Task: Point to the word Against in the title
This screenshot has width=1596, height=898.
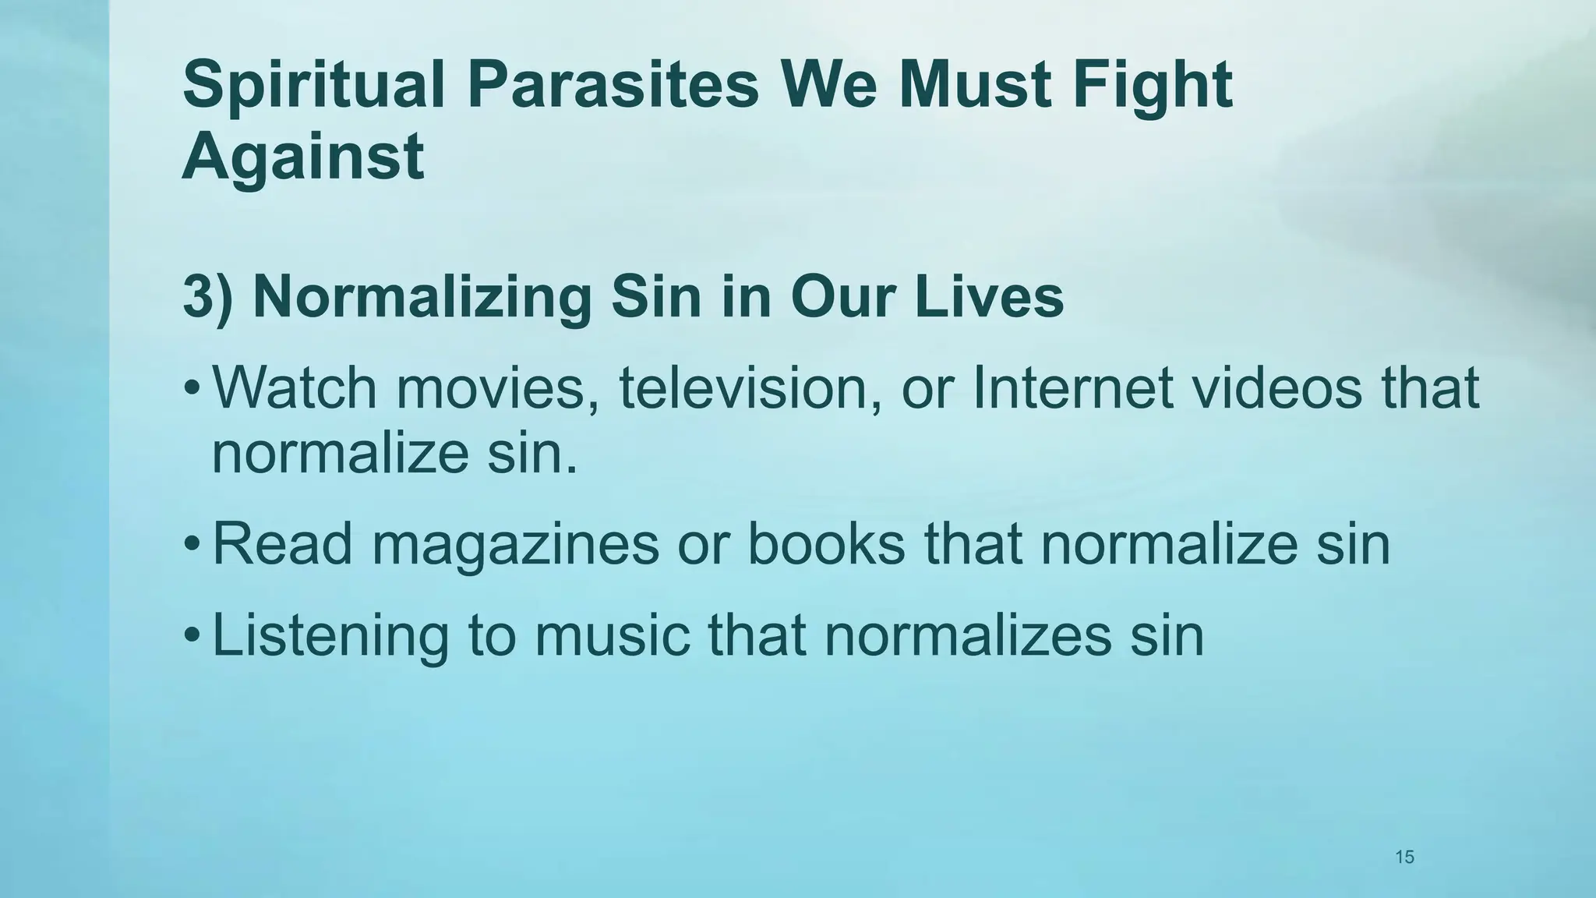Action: click(x=302, y=156)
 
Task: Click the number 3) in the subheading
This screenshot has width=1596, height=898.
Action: click(x=207, y=298)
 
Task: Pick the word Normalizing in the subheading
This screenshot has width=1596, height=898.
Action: click(x=422, y=298)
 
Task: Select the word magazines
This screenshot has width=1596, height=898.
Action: click(x=515, y=545)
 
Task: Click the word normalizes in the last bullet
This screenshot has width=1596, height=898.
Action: click(x=967, y=636)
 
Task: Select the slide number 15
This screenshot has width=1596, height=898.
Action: click(x=1404, y=836)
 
